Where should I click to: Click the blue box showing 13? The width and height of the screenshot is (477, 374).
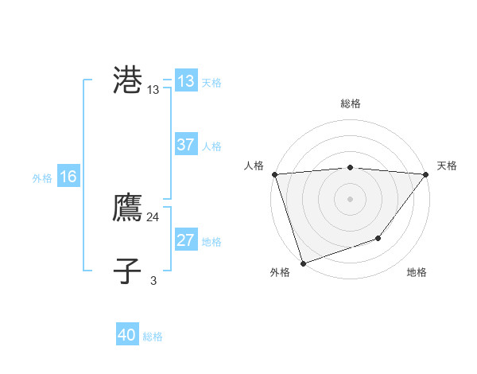click(186, 81)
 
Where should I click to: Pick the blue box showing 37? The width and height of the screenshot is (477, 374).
click(186, 145)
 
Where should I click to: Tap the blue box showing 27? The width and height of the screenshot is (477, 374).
click(186, 240)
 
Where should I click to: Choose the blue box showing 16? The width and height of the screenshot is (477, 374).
click(68, 177)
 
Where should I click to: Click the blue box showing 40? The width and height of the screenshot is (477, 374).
click(127, 336)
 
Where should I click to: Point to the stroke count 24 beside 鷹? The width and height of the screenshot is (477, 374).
click(153, 217)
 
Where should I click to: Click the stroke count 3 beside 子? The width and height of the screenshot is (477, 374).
click(153, 280)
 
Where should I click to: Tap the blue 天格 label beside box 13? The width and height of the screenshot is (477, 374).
click(211, 83)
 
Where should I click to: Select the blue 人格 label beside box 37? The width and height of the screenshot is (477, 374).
click(211, 146)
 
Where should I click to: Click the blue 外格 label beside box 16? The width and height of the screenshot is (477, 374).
click(42, 178)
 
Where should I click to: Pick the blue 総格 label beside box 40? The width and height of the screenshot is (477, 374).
click(153, 337)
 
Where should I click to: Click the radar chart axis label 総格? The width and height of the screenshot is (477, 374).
click(350, 103)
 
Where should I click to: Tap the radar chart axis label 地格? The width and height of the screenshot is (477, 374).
click(417, 273)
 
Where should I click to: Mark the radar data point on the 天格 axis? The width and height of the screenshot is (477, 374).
click(425, 174)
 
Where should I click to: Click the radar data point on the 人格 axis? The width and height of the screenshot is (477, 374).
click(274, 174)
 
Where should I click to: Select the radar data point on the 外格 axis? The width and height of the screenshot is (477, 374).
click(303, 263)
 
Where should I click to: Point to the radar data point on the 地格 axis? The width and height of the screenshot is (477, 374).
click(379, 238)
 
